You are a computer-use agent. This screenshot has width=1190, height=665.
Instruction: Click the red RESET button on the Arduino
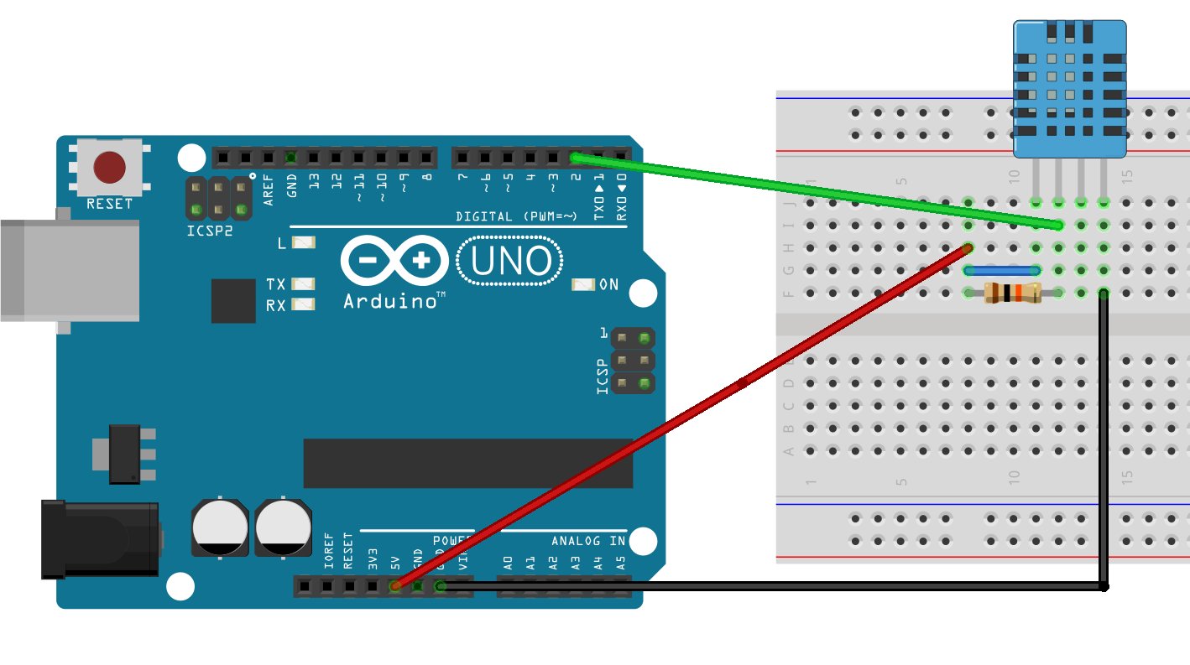tap(110, 167)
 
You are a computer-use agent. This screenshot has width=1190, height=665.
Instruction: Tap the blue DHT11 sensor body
tap(1069, 88)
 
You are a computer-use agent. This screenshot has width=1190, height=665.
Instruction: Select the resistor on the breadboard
tap(1011, 293)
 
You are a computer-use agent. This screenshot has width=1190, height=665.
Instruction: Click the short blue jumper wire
tap(1003, 270)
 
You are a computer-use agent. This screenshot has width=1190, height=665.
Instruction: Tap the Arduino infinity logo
tap(394, 261)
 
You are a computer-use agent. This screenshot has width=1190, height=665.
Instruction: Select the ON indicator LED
tap(582, 285)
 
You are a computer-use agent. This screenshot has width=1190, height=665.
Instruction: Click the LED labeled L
tap(303, 243)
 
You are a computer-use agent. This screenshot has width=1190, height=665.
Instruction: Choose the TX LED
tap(303, 284)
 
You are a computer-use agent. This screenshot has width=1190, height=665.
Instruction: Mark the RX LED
tap(303, 304)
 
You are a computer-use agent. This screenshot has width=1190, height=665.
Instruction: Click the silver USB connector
tap(67, 269)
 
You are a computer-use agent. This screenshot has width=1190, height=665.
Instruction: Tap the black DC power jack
tap(101, 538)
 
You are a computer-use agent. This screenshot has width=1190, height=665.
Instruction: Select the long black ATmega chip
tap(467, 463)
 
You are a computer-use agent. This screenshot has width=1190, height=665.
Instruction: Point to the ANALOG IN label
tap(587, 541)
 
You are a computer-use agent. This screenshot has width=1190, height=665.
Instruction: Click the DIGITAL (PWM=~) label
tap(516, 216)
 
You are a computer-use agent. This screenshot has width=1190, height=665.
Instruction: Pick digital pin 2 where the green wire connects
tap(575, 157)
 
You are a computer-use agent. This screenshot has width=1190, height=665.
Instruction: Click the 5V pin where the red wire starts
tap(394, 586)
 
